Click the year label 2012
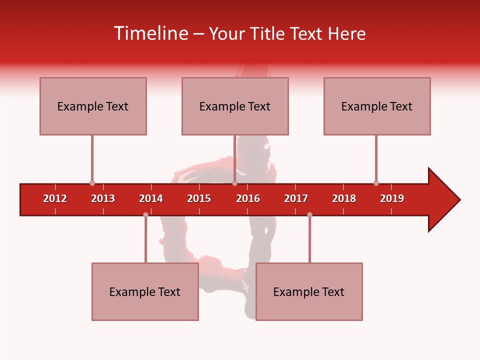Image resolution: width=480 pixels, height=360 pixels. pos(55,198)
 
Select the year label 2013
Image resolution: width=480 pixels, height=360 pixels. pos(103,198)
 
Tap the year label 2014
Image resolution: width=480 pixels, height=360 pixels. pos(151,198)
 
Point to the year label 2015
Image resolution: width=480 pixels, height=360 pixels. pos(199,198)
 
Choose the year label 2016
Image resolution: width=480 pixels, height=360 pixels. pos(248,198)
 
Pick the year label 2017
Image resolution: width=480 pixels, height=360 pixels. pos(296,198)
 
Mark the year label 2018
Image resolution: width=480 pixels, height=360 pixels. pos(344,198)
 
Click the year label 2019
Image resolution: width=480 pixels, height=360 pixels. pos(392,198)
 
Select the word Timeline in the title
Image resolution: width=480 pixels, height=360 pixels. pos(150,33)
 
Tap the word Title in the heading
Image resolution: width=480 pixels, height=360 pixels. pos(268,33)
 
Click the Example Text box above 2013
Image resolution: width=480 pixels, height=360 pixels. pos(93,106)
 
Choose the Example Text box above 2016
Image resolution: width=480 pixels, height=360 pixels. pos(235,106)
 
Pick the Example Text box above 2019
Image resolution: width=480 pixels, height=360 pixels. pos(377,106)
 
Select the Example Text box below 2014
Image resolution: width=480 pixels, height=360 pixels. pos(145,291)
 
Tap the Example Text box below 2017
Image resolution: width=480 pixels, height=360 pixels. pos(309,291)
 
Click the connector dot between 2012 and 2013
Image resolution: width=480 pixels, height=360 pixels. pos(92,183)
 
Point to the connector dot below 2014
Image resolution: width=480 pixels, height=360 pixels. pos(145,214)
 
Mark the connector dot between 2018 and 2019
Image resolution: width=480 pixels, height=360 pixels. pos(376,183)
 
